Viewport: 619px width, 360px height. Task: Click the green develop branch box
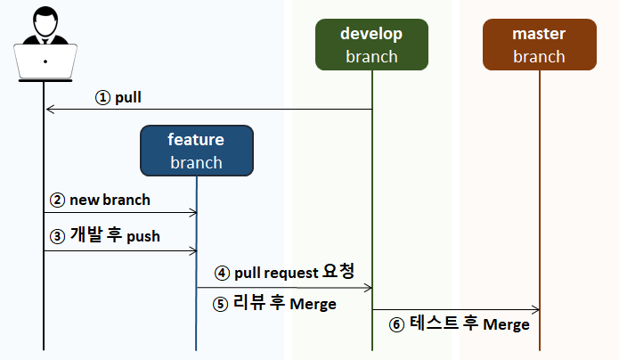[x=371, y=45]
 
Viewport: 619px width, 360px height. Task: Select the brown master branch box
[x=539, y=45]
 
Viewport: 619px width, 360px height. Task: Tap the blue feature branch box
[x=197, y=151]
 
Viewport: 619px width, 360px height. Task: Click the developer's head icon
[x=45, y=21]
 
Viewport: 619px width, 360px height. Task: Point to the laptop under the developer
[x=45, y=62]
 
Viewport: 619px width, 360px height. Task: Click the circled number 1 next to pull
[x=102, y=98]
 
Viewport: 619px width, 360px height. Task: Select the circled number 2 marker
[x=57, y=200]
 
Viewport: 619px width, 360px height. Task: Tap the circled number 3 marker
[x=57, y=237]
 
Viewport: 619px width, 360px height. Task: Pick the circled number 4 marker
[x=222, y=273]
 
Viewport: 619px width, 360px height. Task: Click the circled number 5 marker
[x=220, y=304]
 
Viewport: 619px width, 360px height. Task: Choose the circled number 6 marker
[x=396, y=325]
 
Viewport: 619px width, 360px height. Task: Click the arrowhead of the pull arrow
[x=49, y=109]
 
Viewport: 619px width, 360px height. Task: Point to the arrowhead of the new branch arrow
[x=193, y=213]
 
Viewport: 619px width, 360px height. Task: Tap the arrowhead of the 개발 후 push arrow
[x=193, y=251]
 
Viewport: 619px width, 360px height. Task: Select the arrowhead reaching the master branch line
[x=535, y=310]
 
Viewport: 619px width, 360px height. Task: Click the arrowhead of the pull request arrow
[x=369, y=288]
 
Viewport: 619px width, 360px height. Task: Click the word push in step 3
[x=143, y=237]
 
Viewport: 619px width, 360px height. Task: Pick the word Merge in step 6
[x=506, y=324]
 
